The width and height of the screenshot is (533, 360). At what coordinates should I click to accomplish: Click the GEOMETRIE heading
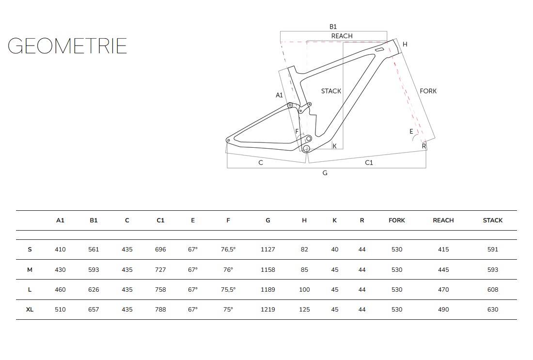click(x=67, y=46)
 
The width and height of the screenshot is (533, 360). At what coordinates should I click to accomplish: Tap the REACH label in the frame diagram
click(x=342, y=36)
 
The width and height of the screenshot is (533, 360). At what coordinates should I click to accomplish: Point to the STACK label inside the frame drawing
click(x=331, y=91)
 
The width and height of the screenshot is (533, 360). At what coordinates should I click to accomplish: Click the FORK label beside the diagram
click(x=428, y=91)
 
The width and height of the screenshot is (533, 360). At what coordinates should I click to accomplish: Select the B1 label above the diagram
click(x=333, y=27)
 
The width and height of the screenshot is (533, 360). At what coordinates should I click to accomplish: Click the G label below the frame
click(x=325, y=173)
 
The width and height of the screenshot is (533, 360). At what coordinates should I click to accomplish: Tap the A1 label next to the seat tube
click(x=279, y=95)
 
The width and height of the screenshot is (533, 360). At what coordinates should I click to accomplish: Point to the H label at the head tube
click(x=405, y=45)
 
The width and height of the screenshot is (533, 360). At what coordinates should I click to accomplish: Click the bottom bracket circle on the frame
click(x=306, y=149)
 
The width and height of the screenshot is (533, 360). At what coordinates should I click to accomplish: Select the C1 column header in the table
click(x=160, y=220)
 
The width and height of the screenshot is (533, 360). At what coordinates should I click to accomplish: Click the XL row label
click(x=30, y=310)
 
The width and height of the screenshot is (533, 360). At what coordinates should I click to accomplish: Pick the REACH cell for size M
click(x=443, y=270)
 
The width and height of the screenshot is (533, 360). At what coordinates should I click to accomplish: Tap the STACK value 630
click(x=492, y=310)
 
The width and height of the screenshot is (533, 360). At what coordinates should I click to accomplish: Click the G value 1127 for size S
click(x=267, y=250)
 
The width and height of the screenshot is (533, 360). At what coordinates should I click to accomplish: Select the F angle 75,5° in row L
click(x=228, y=290)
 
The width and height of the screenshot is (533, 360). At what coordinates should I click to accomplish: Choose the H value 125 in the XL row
click(x=304, y=310)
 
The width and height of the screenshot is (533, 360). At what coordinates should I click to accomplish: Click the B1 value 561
click(x=94, y=250)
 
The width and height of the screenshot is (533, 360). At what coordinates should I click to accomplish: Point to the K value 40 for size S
click(x=334, y=250)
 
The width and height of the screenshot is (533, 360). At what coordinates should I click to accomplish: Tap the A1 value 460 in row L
click(x=60, y=290)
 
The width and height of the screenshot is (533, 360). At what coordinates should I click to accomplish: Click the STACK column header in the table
click(x=492, y=220)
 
